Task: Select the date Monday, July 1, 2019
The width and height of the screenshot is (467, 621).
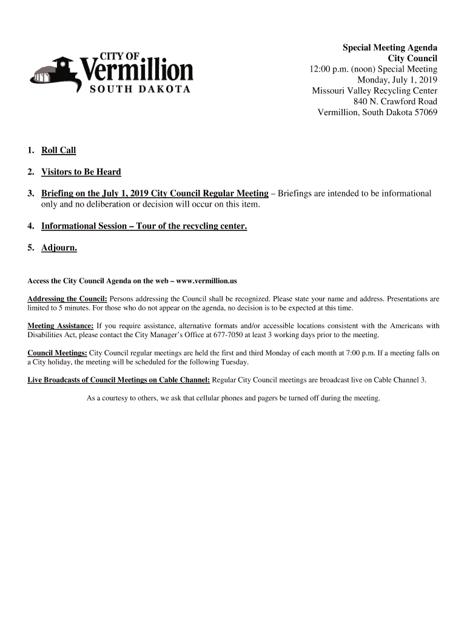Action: [x=397, y=80]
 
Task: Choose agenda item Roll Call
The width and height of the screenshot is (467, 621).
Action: [x=58, y=150]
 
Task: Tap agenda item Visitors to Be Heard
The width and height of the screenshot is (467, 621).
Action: [x=81, y=172]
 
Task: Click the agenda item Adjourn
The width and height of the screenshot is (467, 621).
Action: [x=59, y=248]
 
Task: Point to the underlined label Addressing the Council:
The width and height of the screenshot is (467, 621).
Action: [x=67, y=299]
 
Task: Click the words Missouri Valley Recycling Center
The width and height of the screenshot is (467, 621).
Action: [x=374, y=91]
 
